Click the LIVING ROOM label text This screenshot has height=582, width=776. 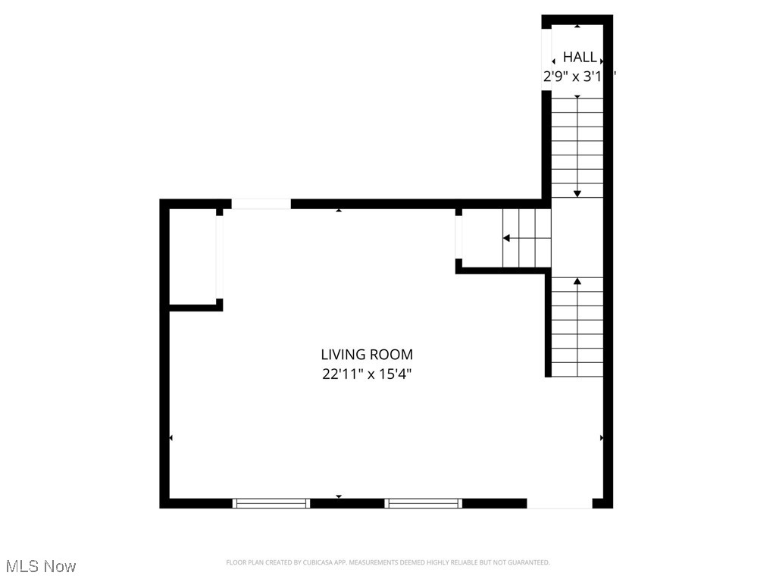[367, 354]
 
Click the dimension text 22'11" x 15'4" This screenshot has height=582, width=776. [367, 374]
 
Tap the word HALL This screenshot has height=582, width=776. [579, 58]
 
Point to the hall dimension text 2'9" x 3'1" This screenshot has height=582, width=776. [579, 77]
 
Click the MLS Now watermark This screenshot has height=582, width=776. [41, 566]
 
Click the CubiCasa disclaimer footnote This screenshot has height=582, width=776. [387, 562]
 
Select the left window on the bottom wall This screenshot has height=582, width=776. [271, 502]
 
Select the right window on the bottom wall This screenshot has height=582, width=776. [423, 502]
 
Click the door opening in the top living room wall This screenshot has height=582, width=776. [261, 204]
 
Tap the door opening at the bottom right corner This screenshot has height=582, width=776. [559, 503]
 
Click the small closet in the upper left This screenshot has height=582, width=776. [192, 258]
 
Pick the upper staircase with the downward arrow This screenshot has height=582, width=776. [577, 147]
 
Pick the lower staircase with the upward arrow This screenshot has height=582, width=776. [577, 327]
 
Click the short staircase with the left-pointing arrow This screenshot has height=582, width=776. [527, 238]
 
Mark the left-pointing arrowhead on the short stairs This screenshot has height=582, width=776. [506, 239]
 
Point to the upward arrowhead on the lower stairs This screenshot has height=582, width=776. [577, 282]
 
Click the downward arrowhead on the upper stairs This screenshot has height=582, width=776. [577, 193]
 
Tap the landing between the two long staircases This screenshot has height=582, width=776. [577, 236]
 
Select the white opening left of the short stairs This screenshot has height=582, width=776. [458, 237]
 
